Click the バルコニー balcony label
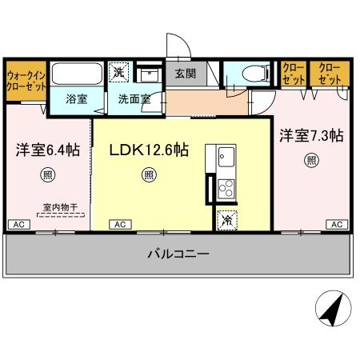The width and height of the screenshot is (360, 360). pos(178,254)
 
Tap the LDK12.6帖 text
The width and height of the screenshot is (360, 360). pos(148,150)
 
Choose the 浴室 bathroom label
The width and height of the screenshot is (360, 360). pos(77,101)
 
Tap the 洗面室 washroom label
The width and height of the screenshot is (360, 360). pos(131,101)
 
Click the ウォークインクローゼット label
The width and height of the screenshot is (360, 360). pos(26,80)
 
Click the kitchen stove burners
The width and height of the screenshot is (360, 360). pos(225,189)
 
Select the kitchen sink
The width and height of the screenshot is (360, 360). pos(223,156)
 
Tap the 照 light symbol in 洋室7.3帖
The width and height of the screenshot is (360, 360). pos(310,160)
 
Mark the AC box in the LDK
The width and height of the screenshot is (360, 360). pos(118,226)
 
